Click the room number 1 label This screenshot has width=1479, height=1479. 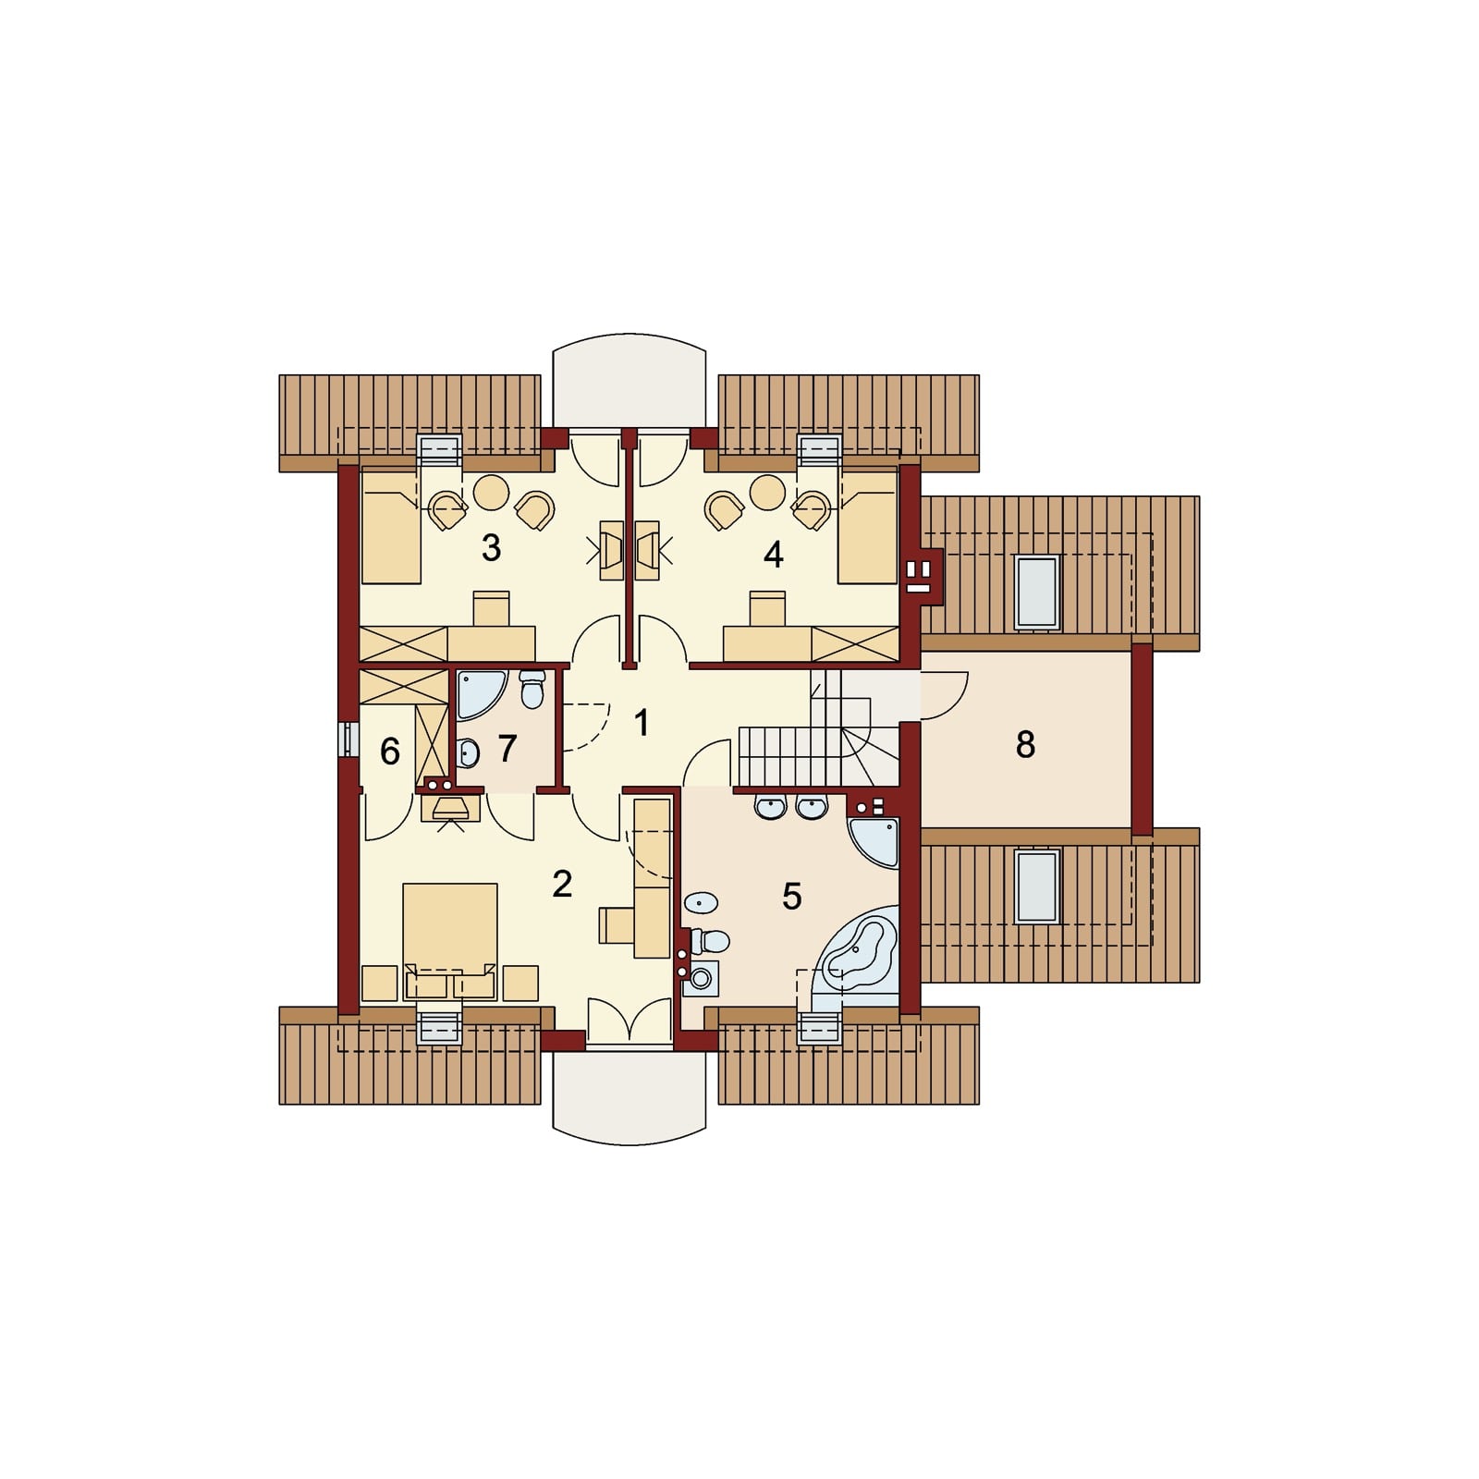pos(642,723)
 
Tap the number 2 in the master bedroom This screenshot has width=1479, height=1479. pos(562,885)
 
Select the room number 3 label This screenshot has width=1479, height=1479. pos(491,548)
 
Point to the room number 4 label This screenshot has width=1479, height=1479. pos(774,555)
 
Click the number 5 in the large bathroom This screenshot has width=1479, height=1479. pos(791,897)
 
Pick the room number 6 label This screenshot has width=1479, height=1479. pos(390,752)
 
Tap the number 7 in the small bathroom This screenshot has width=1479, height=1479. pos(507,749)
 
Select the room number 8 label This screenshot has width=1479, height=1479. pos(1025,744)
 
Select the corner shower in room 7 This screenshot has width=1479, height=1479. pos(480,694)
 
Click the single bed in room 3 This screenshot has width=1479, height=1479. pos(391,527)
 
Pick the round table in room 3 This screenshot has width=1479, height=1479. pos(491,492)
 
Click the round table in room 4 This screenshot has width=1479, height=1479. pos(768,492)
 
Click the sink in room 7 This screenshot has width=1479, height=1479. pos(468,753)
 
